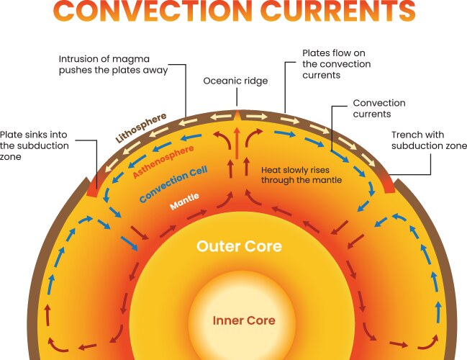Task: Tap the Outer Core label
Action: tap(239, 247)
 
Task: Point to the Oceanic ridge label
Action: tap(235, 81)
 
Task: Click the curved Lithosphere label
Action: tap(141, 127)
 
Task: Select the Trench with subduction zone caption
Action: tap(417, 140)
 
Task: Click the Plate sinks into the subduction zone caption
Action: tap(35, 146)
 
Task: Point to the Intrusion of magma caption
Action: tap(114, 64)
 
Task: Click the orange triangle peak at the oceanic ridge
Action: tap(237, 113)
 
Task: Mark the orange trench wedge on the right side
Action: tap(386, 184)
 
